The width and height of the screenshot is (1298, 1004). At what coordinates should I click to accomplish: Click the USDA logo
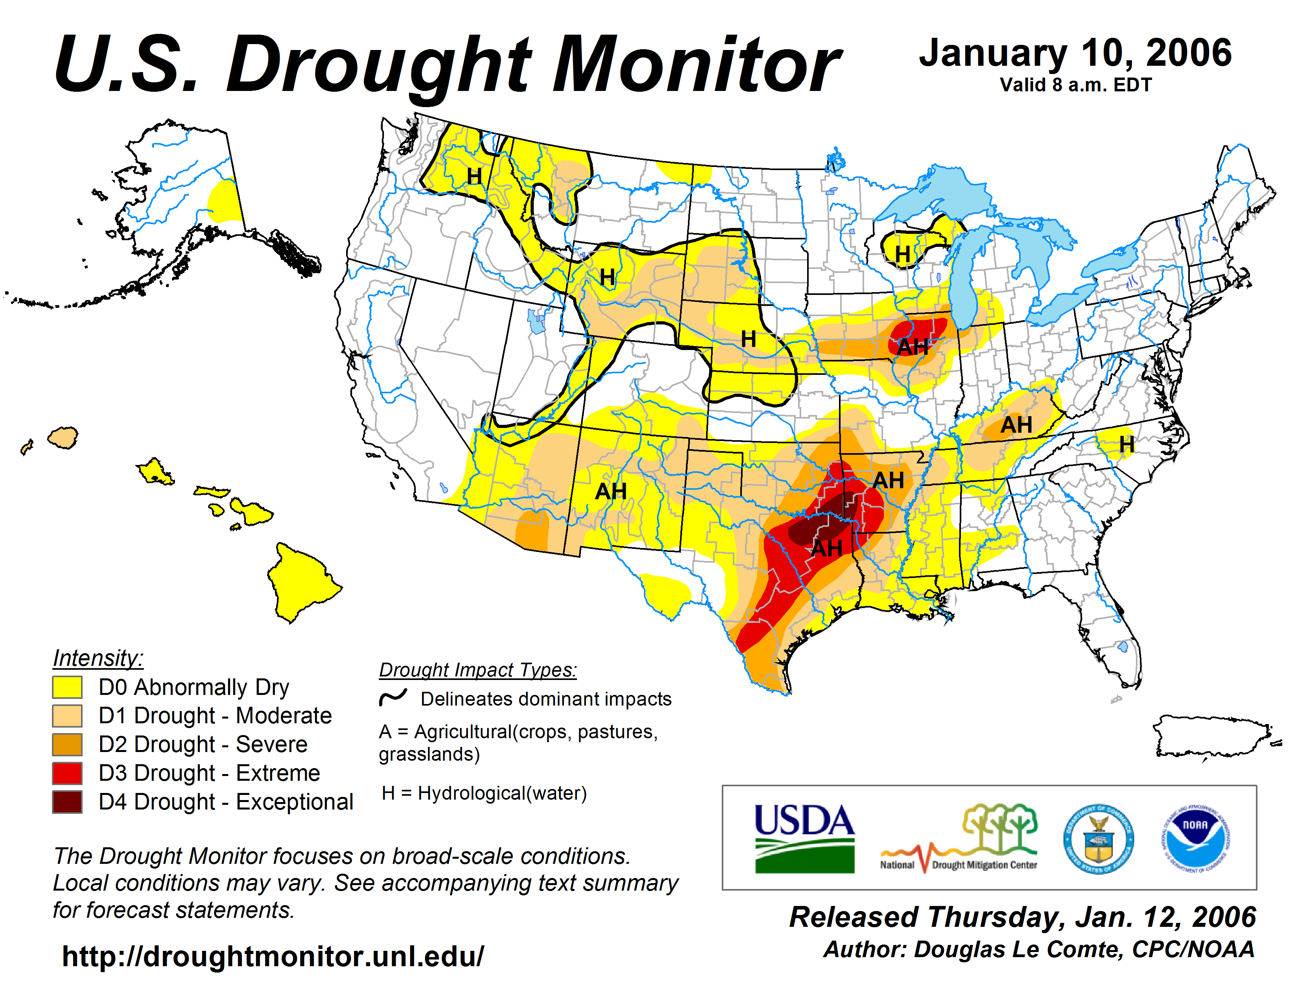(x=804, y=838)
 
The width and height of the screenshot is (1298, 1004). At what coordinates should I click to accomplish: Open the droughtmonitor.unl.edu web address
(x=273, y=956)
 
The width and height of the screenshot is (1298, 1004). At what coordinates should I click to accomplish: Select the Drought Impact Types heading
(x=478, y=670)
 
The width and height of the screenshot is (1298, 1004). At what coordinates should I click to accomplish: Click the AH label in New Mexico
(x=611, y=491)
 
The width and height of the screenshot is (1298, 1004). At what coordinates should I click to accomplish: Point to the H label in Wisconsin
(x=903, y=255)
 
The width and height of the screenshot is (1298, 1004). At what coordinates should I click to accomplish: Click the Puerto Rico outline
(x=1212, y=736)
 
